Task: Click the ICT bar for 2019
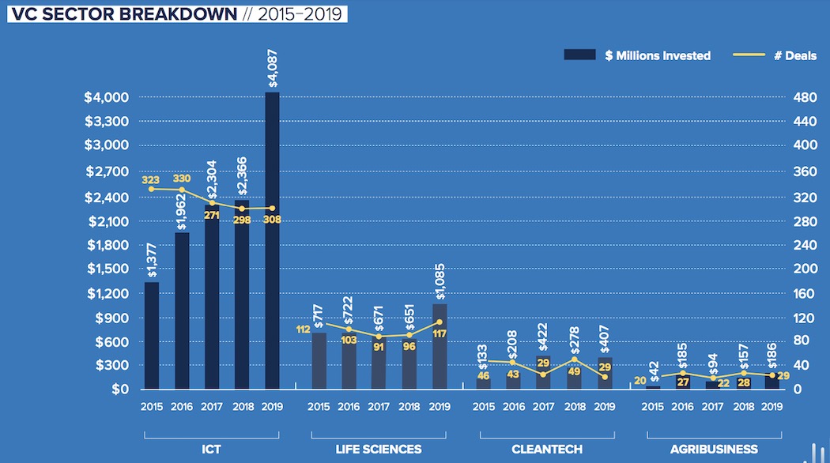[272, 240]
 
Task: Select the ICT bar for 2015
[151, 335]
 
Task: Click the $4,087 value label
[273, 68]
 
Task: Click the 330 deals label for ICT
[182, 179]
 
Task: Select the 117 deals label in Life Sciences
[440, 334]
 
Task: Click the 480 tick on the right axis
[805, 98]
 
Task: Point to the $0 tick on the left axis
[119, 389]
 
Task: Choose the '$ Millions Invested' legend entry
[637, 55]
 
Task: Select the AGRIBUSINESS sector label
[715, 449]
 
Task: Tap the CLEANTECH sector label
[547, 449]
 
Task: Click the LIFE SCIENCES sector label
[379, 449]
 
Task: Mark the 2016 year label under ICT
[181, 407]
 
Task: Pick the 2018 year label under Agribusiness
[742, 407]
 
